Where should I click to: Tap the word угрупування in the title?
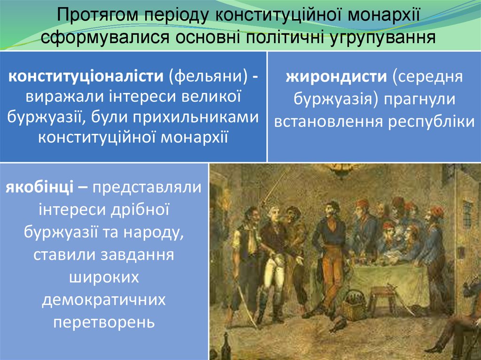pos(382,37)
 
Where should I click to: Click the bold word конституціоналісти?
pos(86,76)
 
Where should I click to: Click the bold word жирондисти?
pos(336,77)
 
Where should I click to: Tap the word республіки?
pos(431,122)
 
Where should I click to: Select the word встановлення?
pos(328,121)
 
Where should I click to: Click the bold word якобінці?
pos(39,187)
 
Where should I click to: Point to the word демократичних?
pos(104,299)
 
